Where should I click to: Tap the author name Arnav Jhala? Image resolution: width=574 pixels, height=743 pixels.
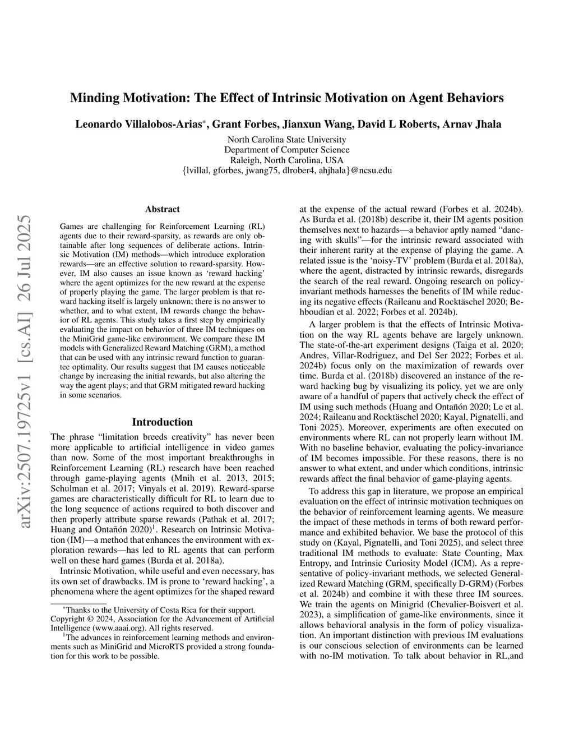tap(474, 124)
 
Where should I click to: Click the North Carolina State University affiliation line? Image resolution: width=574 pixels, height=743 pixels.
tap(286, 140)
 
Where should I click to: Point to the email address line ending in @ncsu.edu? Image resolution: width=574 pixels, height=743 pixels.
tap(286, 170)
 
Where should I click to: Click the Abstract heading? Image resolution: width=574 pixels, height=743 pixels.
tap(162, 209)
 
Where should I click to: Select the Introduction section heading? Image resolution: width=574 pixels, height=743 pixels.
tap(162, 422)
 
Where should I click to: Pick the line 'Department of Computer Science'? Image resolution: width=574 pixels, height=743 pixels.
tap(286, 150)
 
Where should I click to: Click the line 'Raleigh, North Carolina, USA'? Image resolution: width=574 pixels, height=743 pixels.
tap(286, 160)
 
